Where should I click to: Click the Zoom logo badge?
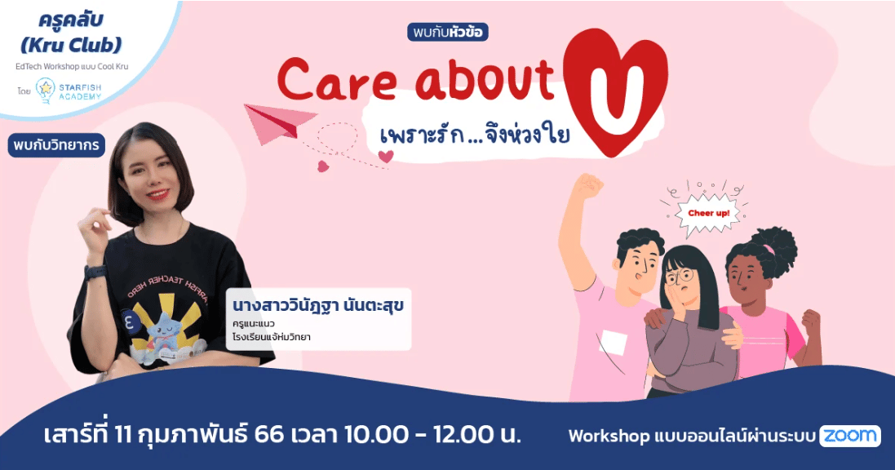click(850, 437)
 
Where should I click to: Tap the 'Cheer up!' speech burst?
click(709, 214)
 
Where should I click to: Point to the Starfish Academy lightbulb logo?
click(45, 91)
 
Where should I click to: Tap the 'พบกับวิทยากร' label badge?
click(56, 145)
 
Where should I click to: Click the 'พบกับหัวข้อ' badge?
click(448, 32)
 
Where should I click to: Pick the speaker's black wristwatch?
click(95, 273)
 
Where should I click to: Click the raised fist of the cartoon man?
click(587, 186)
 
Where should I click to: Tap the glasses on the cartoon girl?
click(680, 276)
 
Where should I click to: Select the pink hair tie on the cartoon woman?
click(769, 250)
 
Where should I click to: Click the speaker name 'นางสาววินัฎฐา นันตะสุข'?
click(318, 305)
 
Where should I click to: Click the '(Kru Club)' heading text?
click(71, 45)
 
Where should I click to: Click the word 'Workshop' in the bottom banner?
click(609, 437)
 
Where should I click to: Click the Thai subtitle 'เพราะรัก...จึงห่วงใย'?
click(474, 136)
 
